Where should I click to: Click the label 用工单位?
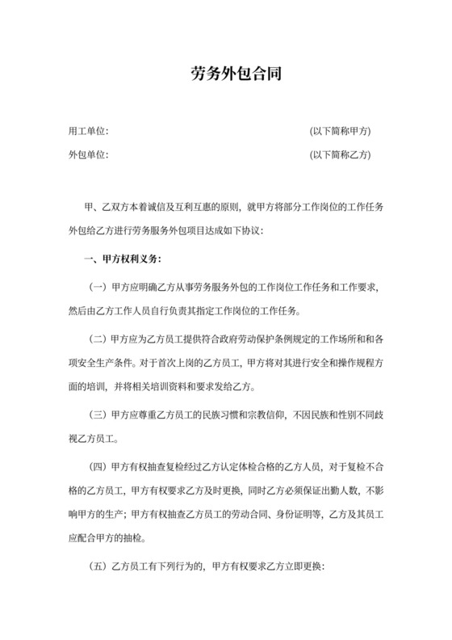89,131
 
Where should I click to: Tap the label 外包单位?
89,154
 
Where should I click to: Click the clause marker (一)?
98,287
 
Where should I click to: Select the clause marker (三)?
98,415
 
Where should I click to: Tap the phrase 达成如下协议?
236,229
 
